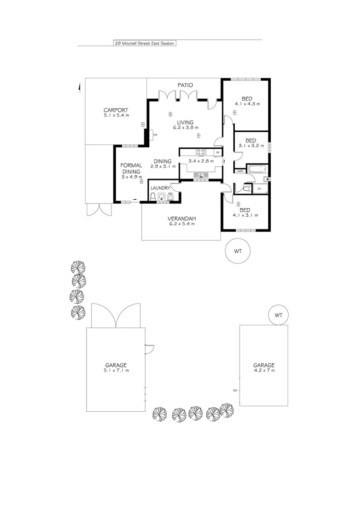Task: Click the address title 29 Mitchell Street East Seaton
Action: (145, 43)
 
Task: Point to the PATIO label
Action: (185, 85)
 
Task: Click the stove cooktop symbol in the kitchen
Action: (200, 152)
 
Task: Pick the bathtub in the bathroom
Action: (257, 169)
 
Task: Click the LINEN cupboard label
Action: (240, 171)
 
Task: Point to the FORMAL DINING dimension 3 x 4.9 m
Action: (131, 177)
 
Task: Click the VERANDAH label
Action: (182, 219)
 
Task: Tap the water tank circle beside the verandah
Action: (238, 251)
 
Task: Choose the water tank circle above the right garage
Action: (278, 315)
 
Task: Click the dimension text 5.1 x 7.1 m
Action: (116, 371)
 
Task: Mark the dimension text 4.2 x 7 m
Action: (264, 371)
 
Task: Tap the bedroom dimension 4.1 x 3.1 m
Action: (245, 215)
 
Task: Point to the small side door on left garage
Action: (149, 349)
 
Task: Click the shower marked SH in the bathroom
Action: (259, 189)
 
